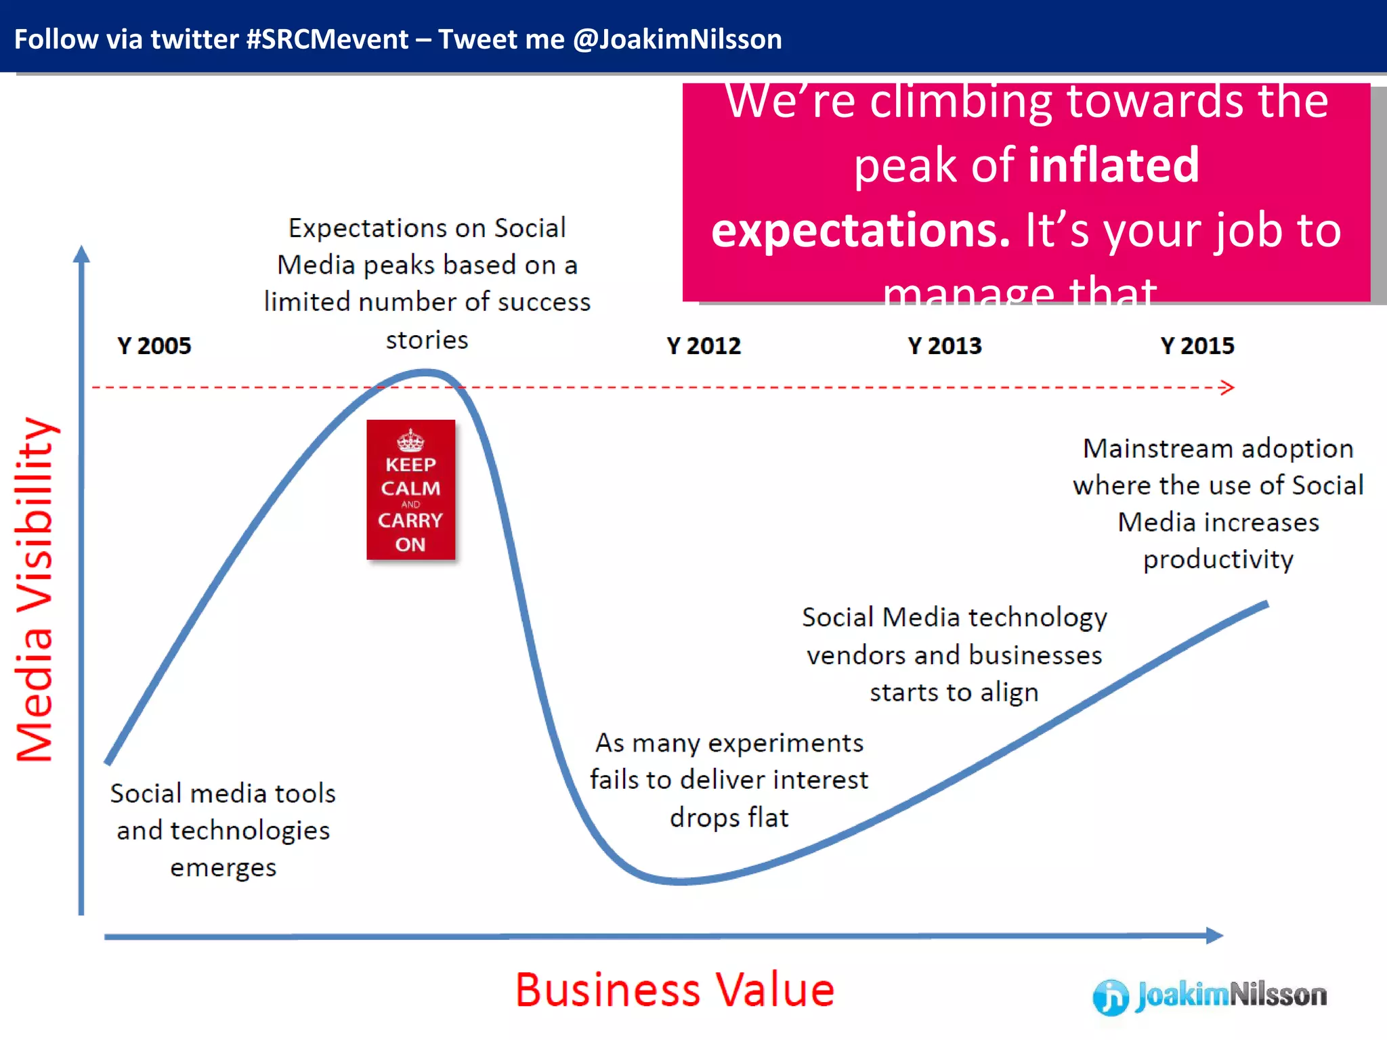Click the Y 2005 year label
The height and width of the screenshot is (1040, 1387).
154,346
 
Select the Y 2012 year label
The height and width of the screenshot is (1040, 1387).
704,346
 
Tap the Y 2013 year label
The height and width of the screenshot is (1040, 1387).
945,346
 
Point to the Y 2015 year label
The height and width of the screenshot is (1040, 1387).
1197,346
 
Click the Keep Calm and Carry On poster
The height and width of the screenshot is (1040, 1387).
410,490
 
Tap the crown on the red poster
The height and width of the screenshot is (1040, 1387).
410,441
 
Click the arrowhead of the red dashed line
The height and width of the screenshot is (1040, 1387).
1227,387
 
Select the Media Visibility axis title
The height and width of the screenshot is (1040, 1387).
34,589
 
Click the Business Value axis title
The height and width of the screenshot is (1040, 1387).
675,990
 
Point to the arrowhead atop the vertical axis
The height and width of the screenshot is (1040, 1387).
81,255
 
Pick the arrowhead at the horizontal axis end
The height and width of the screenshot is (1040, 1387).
1215,936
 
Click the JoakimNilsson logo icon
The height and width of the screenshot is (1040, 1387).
1111,997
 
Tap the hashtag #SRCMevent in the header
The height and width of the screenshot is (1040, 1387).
327,39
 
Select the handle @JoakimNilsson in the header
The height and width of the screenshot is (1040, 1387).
677,39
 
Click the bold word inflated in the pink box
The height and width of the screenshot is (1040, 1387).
1113,165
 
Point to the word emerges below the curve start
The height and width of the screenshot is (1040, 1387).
223,867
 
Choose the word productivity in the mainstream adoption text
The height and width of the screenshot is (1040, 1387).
1218,559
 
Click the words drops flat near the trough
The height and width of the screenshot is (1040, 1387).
729,817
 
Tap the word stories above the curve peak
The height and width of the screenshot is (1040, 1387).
427,339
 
